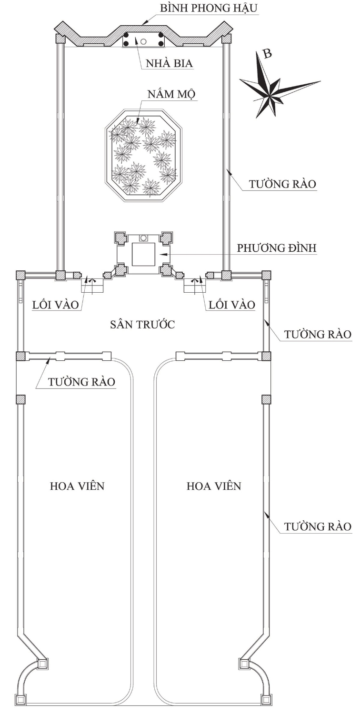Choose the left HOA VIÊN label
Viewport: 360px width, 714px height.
pyautogui.click(x=77, y=486)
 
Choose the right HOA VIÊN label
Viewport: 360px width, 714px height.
pyautogui.click(x=214, y=486)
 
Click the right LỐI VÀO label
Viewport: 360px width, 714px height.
pyautogui.click(x=231, y=304)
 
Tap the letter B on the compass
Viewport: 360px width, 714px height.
pyautogui.click(x=268, y=53)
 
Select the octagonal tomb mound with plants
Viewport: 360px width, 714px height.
pyautogui.click(x=143, y=155)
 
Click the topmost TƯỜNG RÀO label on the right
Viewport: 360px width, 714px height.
pyautogui.click(x=284, y=184)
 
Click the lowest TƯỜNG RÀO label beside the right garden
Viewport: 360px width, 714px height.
pyautogui.click(x=318, y=527)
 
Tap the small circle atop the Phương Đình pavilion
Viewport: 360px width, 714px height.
pyautogui.click(x=143, y=237)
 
